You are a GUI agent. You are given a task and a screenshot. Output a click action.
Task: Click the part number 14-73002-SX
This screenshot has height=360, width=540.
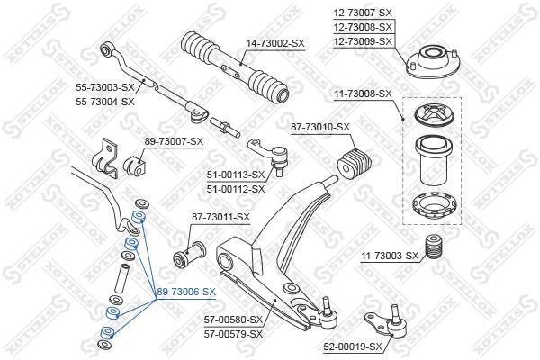point(275,43)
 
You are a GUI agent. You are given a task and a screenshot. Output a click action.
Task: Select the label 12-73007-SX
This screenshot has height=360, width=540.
point(363,13)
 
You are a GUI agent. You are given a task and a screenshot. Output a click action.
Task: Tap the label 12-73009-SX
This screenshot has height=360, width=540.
point(363,41)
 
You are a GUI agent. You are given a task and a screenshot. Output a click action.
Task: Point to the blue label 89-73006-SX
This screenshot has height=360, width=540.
point(186,292)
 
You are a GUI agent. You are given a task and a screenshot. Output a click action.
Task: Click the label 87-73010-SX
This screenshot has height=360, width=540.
point(320,127)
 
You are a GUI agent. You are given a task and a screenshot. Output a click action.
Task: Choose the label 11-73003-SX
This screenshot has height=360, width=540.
point(390,256)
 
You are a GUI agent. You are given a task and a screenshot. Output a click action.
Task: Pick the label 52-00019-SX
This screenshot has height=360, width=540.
point(353,346)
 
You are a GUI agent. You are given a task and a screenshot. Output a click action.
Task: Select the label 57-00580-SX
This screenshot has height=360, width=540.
point(233,319)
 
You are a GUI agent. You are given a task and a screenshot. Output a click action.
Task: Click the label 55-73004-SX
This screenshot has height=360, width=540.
point(105,102)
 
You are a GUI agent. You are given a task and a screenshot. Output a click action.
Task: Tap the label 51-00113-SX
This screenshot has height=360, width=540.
point(236,175)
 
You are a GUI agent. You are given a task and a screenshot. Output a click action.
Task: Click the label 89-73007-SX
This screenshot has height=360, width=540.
point(174,141)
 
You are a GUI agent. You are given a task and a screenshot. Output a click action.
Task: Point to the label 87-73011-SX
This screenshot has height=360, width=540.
point(220,217)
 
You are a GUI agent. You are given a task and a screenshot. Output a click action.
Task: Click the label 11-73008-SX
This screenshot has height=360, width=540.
point(363,94)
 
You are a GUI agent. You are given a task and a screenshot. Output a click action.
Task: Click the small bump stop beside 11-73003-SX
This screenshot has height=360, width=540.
point(433,247)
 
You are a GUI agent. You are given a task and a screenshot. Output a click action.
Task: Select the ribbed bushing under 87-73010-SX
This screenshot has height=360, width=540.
point(355,162)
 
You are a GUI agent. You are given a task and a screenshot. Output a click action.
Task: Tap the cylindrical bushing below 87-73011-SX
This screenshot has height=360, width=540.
point(189,255)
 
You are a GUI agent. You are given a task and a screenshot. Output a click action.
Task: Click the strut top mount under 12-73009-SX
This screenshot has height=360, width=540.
point(433,62)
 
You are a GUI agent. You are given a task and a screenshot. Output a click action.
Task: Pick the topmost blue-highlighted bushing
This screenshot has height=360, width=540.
point(139,217)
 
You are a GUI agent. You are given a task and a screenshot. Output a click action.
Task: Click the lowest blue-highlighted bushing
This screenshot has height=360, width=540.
point(107,332)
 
